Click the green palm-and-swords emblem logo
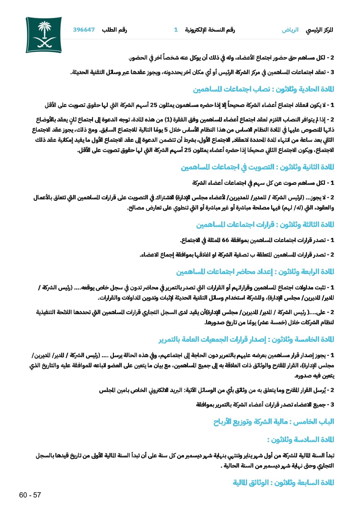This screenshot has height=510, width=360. pyautogui.click(x=44, y=35)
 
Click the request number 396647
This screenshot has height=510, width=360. pyautogui.click(x=84, y=30)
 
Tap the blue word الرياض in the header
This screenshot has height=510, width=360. pyautogui.click(x=290, y=30)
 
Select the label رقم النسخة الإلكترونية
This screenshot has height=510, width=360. pyautogui.click(x=210, y=30)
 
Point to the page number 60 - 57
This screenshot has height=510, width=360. pyautogui.click(x=30, y=495)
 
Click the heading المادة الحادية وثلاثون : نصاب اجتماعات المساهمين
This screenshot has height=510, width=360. pyautogui.click(x=263, y=89)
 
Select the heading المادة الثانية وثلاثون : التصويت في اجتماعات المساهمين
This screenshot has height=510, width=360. pyautogui.click(x=257, y=167)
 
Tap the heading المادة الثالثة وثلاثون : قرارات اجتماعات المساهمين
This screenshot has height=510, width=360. pyautogui.click(x=265, y=225)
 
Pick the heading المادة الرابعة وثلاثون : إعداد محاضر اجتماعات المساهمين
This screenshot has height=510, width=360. pyautogui.click(x=255, y=272)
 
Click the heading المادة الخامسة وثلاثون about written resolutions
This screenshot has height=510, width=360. pyautogui.click(x=246, y=339)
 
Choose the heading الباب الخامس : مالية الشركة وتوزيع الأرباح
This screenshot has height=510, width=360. pyautogui.click(x=274, y=422)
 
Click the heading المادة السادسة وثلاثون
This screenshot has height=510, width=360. pyautogui.click(x=300, y=439)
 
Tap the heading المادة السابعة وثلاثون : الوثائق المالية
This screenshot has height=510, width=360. pyautogui.click(x=283, y=483)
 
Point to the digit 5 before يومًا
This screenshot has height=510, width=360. pyautogui.click(x=166, y=130)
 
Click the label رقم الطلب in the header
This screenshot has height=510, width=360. pyautogui.click(x=114, y=30)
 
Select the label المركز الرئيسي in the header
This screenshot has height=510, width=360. pyautogui.click(x=319, y=30)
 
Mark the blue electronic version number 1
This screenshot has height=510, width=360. pyautogui.click(x=176, y=30)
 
